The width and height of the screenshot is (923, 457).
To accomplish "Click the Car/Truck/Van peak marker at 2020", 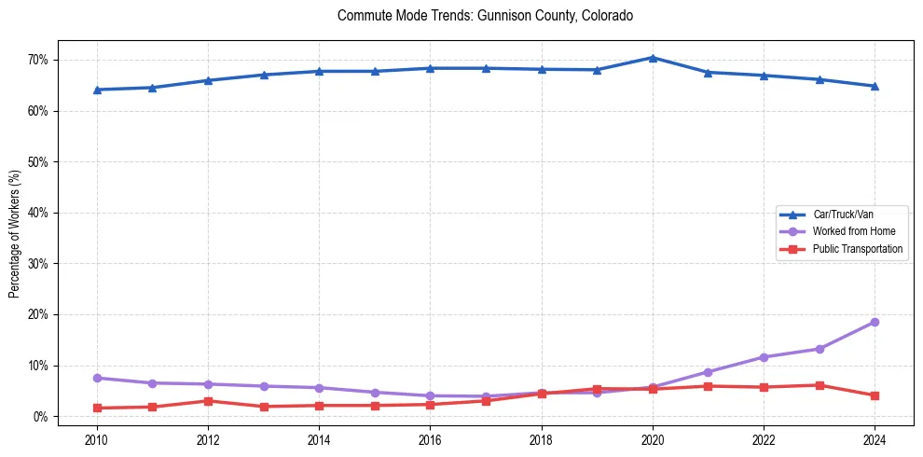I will tap(653, 58).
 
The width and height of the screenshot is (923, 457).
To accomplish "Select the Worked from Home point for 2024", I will tap(875, 322).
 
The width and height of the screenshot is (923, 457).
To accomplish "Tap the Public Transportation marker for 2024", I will tap(875, 395).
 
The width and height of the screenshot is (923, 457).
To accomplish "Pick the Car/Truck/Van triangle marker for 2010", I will tap(96, 90).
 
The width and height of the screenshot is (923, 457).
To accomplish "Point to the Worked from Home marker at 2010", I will tap(96, 378).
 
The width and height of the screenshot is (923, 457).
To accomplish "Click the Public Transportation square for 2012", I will tap(208, 401).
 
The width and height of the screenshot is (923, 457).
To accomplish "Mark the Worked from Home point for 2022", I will tap(764, 357).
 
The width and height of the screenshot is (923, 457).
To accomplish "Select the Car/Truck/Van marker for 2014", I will tap(319, 71).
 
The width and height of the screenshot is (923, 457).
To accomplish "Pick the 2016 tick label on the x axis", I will tap(430, 437).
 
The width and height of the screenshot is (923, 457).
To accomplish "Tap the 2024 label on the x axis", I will tap(875, 437).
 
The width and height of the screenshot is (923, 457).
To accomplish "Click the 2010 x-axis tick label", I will tap(96, 437).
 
